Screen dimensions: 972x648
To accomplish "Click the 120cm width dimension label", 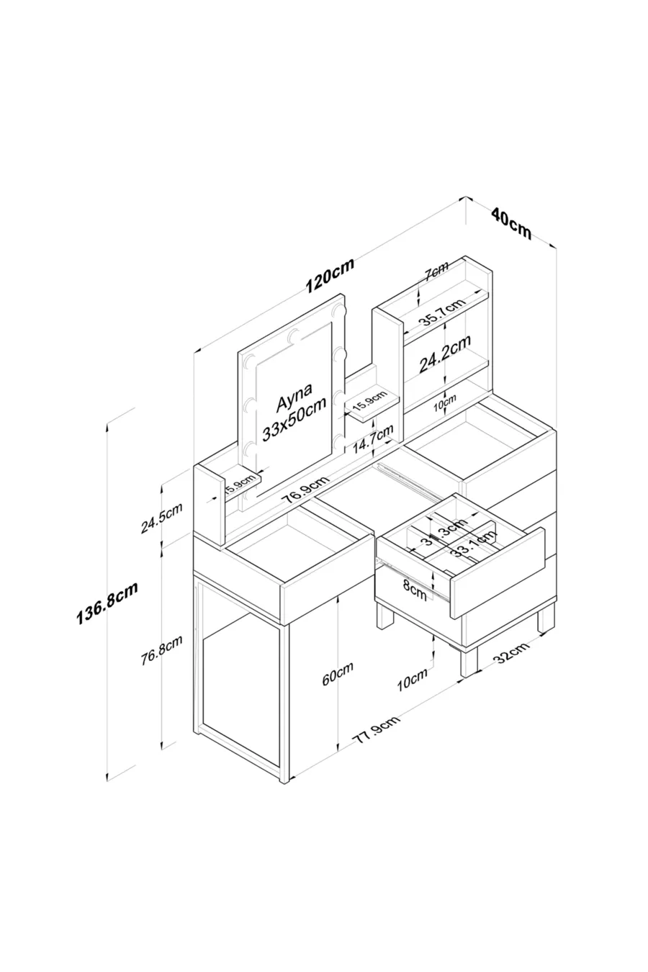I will click(330, 278).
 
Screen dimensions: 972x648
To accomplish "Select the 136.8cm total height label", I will click(107, 605).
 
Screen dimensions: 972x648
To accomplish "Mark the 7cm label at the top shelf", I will click(435, 272).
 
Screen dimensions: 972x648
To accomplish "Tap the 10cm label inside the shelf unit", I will click(445, 405).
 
